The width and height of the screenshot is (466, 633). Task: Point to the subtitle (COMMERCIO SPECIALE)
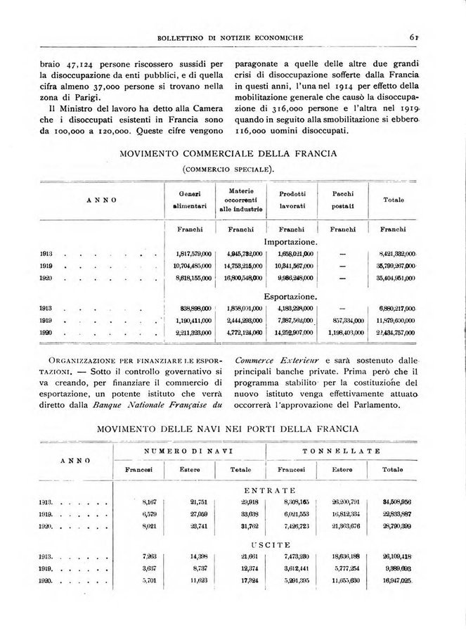coord(228,169)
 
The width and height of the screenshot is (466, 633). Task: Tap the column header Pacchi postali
coord(344,199)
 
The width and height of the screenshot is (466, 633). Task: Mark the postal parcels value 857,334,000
coord(344,320)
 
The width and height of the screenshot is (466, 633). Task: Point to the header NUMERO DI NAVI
coord(189,450)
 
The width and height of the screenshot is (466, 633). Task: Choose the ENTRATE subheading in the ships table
coord(271,490)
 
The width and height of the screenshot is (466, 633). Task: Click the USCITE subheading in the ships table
coord(271,544)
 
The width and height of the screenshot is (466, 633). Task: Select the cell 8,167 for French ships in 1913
coord(148,502)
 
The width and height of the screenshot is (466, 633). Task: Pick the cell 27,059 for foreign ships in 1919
coord(200,513)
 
